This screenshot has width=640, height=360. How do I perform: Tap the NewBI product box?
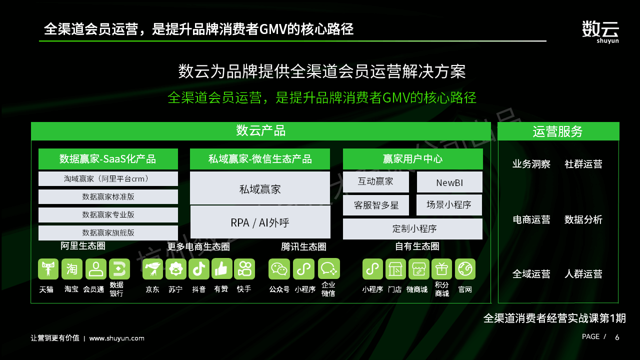(x=449, y=182)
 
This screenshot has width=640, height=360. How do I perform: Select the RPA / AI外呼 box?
(x=260, y=222)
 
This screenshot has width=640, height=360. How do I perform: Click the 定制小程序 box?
(x=412, y=229)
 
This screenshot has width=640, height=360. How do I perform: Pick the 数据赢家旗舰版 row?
(x=108, y=232)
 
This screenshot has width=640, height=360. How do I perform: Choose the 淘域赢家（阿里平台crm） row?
(x=108, y=179)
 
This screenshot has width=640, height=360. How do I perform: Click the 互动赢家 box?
(x=375, y=181)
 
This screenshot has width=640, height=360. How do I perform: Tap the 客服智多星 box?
(x=375, y=205)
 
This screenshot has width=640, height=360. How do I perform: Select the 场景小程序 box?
(x=449, y=205)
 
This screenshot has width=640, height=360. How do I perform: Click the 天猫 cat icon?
(x=48, y=269)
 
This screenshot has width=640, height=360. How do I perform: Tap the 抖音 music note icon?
(x=199, y=269)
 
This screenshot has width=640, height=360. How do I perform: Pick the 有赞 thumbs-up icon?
(x=222, y=269)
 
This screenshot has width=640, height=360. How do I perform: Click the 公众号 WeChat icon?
(x=279, y=269)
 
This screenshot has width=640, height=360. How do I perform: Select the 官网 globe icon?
(x=465, y=269)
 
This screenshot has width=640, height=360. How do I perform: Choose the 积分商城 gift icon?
(x=441, y=269)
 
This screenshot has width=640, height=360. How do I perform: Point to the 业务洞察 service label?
(x=531, y=164)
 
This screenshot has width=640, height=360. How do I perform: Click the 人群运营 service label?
(x=583, y=274)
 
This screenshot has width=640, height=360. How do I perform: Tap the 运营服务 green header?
(x=558, y=131)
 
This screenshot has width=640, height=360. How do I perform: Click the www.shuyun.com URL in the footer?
(x=117, y=338)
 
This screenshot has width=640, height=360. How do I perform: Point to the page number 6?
(x=617, y=337)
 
